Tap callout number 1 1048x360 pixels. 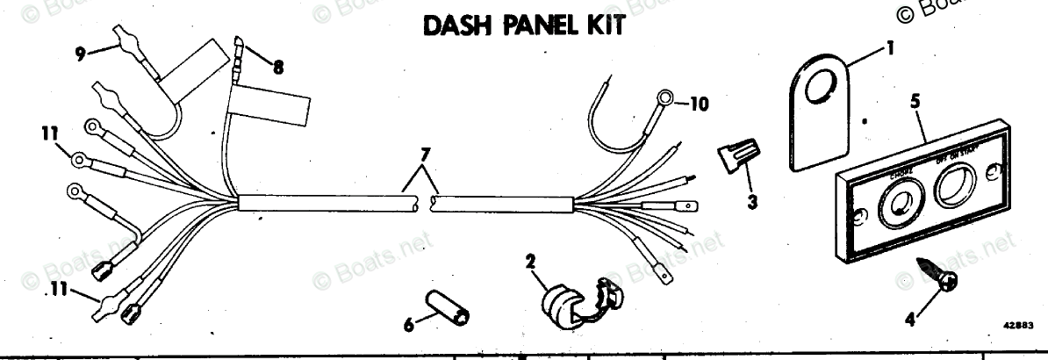coord(891,48)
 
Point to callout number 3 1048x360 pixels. coord(753,201)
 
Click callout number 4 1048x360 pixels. coord(909,320)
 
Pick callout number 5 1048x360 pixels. coord(915,101)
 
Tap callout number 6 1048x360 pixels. coord(406,323)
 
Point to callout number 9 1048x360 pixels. coord(80,52)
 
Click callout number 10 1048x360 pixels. coord(698,103)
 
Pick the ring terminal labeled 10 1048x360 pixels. coord(664,97)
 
